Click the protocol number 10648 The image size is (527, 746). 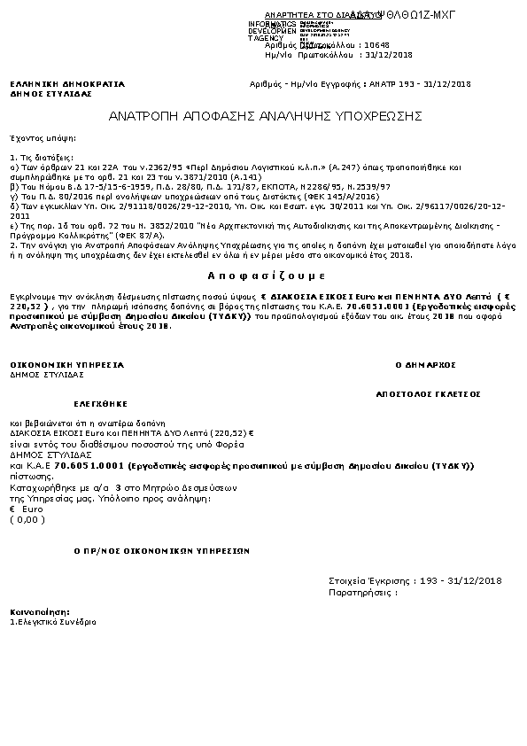pyautogui.click(x=376, y=44)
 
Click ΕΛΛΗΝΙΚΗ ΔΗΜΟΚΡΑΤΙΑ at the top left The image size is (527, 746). pyautogui.click(x=67, y=84)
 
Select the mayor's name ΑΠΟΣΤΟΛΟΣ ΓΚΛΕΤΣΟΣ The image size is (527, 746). pyautogui.click(x=428, y=391)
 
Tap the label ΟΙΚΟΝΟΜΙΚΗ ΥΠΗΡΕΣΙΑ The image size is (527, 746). pyautogui.click(x=66, y=364)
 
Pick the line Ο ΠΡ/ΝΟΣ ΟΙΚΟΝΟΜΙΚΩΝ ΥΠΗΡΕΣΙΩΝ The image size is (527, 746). pyautogui.click(x=162, y=550)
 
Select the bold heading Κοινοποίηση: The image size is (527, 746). pyautogui.click(x=40, y=612)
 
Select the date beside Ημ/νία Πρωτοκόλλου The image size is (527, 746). pyautogui.click(x=390, y=55)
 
